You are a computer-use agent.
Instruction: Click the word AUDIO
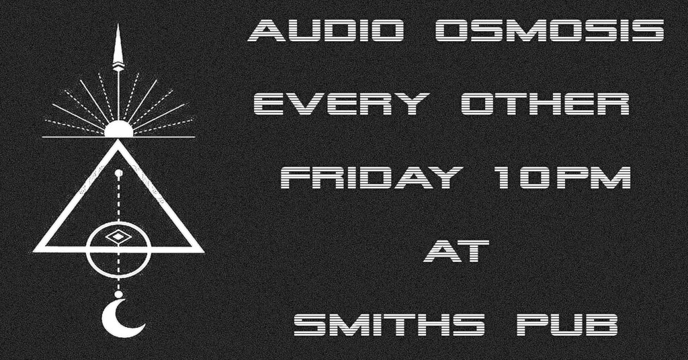point(326,31)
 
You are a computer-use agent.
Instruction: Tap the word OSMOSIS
point(550,31)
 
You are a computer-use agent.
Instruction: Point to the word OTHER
point(546,104)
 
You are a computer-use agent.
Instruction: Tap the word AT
point(456,251)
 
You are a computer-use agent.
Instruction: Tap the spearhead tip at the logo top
point(118,25)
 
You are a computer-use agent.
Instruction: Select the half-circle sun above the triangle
point(118,129)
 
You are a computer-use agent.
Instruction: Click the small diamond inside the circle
point(116,238)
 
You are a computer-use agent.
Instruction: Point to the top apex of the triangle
point(118,140)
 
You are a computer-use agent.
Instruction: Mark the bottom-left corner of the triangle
point(34,251)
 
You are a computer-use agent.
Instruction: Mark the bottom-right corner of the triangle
point(203,251)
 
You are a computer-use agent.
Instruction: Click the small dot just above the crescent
point(118,294)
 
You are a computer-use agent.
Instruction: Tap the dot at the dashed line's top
point(118,173)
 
